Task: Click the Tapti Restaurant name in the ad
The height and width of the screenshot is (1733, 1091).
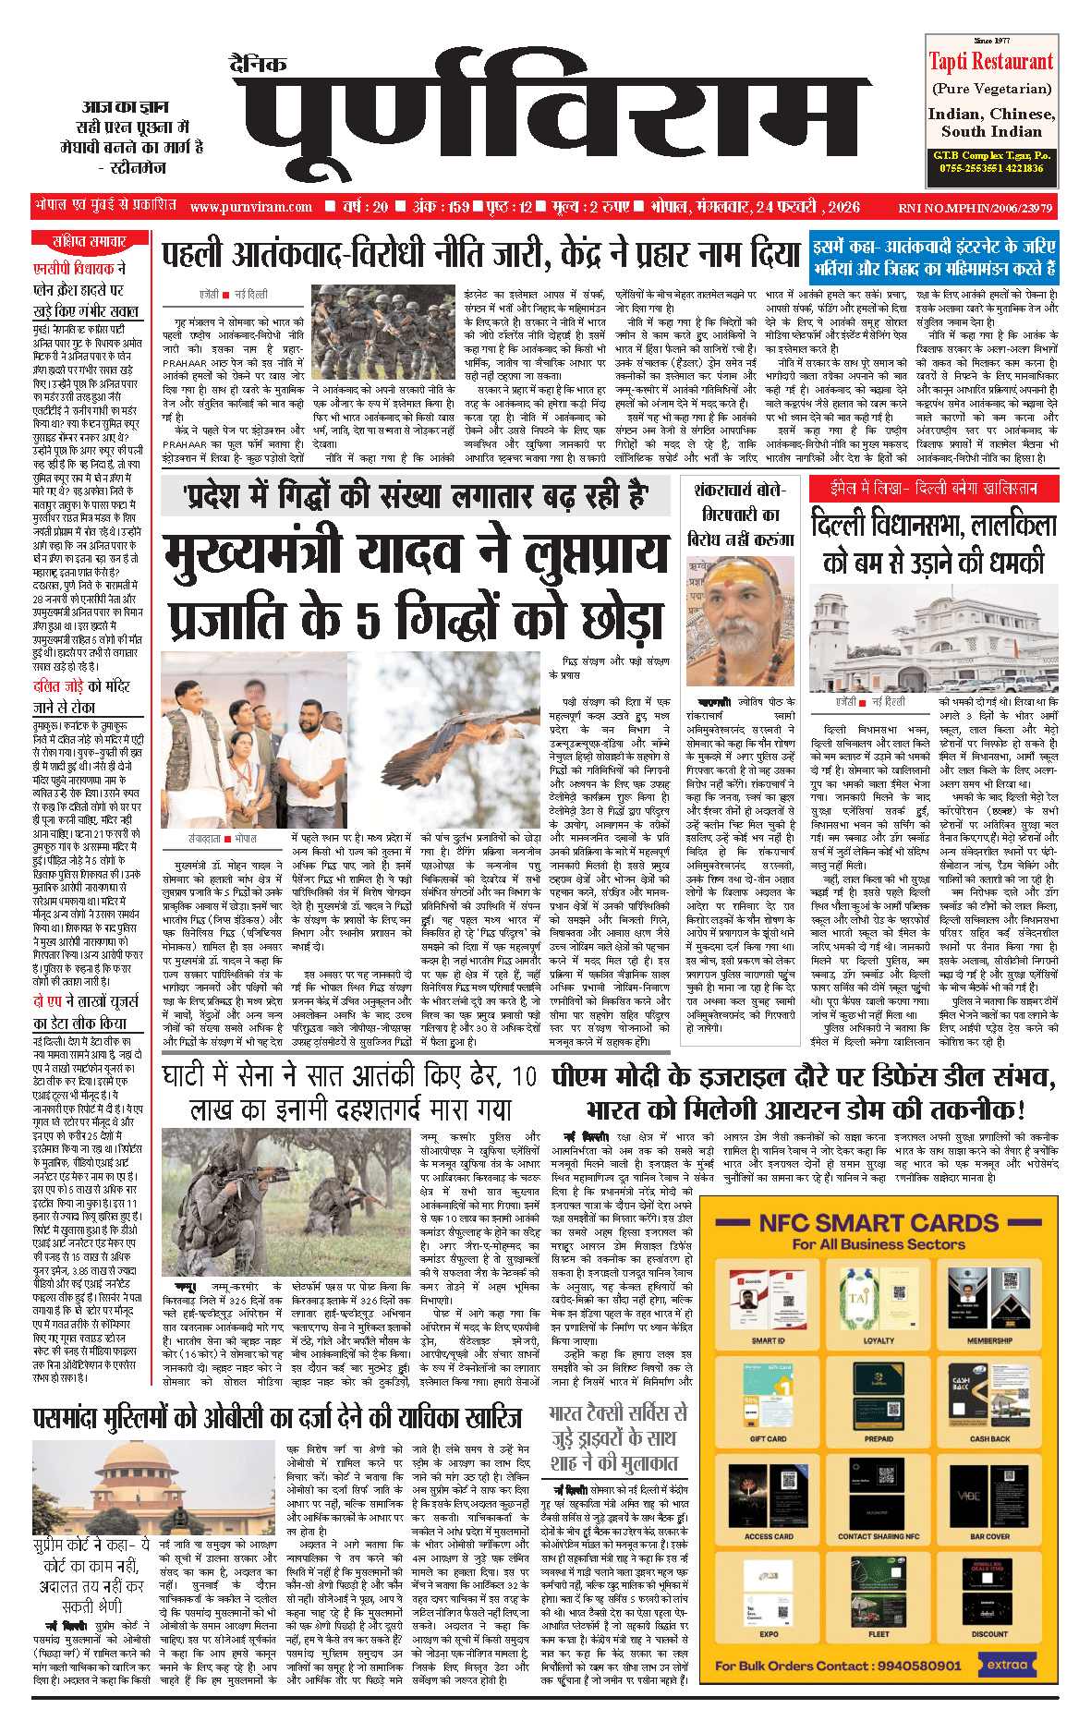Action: tap(990, 62)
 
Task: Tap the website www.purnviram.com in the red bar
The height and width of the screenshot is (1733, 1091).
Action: tap(251, 207)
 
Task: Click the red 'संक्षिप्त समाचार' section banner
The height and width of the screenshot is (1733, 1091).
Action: tap(89, 241)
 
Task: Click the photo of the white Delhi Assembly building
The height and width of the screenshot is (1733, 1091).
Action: tap(933, 638)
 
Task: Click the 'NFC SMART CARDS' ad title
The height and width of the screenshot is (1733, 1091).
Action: tap(878, 1223)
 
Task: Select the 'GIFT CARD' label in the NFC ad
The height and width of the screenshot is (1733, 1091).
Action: tap(768, 1438)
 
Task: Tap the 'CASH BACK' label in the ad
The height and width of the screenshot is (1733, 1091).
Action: tap(989, 1438)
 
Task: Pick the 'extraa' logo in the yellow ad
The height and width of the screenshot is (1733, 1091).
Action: tap(1007, 1665)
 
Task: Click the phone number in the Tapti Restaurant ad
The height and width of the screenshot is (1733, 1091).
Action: tap(990, 168)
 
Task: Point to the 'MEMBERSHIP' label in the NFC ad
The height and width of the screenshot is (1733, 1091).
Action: tap(989, 1340)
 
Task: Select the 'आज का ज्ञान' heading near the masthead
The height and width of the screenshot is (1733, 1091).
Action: tap(125, 107)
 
